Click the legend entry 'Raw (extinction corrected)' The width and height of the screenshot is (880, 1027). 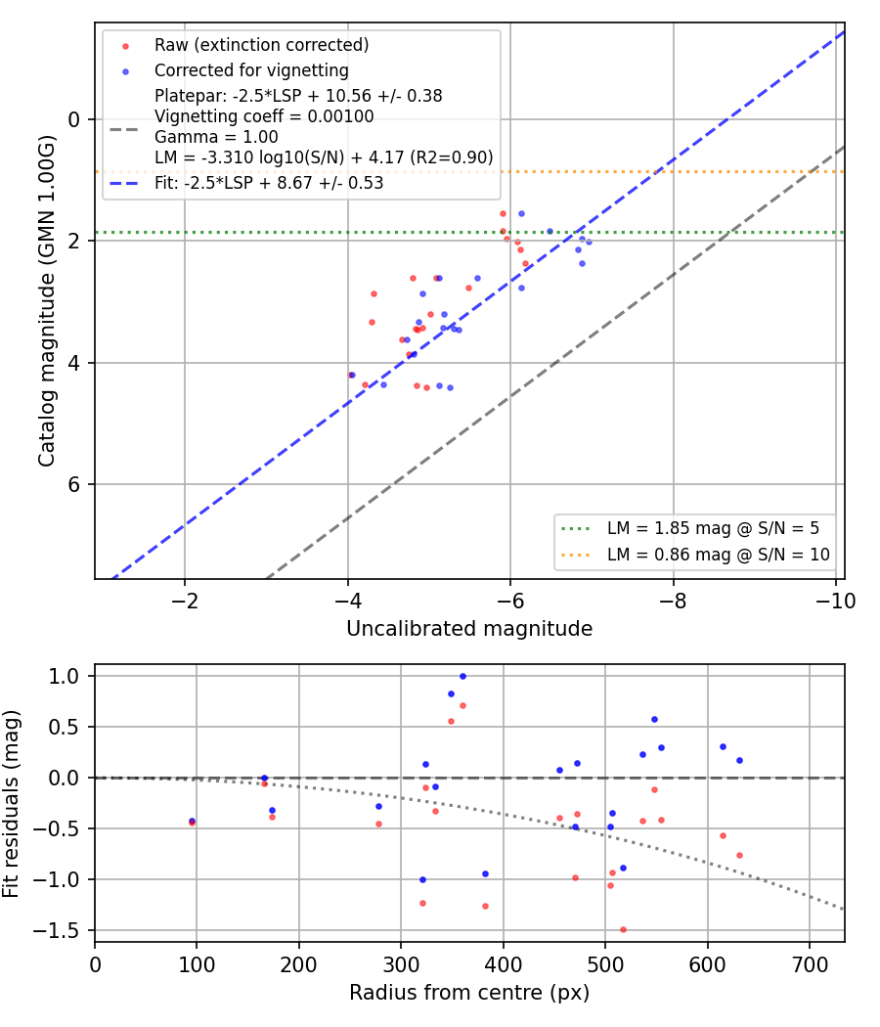tap(261, 45)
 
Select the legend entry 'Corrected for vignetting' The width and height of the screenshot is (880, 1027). tap(251, 70)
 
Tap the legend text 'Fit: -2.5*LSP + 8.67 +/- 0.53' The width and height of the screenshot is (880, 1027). tap(269, 183)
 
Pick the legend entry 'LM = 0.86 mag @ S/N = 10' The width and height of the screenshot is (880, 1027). tap(719, 555)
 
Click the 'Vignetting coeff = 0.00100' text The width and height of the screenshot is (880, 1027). tap(264, 116)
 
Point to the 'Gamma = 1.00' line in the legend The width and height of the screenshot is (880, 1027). tap(216, 137)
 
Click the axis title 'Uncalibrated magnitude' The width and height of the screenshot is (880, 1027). tap(469, 629)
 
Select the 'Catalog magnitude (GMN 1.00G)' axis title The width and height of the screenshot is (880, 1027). tap(47, 301)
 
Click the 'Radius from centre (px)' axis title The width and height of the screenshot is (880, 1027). tap(469, 993)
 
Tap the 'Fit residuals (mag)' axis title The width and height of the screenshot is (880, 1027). tap(11, 804)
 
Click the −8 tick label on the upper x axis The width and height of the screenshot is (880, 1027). tap(673, 601)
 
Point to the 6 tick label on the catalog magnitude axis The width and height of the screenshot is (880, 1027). tap(73, 485)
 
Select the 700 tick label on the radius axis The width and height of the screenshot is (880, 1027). tap(810, 964)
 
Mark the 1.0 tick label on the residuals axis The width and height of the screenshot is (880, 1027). tap(66, 676)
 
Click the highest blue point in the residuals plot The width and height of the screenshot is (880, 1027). tap(462, 677)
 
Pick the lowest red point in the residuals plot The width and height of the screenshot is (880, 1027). tap(623, 930)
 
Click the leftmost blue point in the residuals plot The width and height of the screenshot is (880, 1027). tap(192, 821)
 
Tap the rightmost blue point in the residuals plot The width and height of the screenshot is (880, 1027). tap(739, 760)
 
